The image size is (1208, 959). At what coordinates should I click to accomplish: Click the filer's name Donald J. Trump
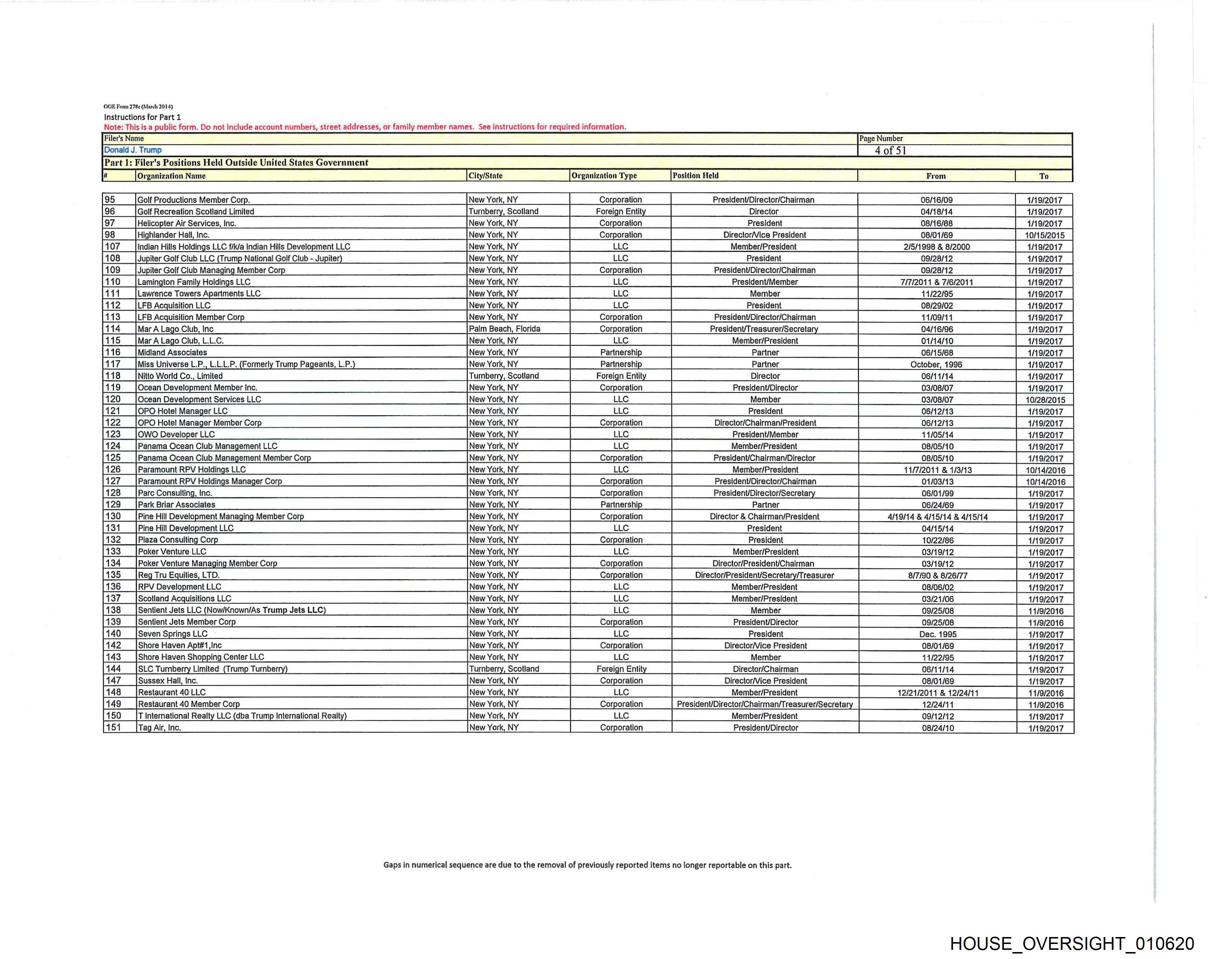[133, 150]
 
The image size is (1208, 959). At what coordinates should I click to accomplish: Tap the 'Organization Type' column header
[604, 175]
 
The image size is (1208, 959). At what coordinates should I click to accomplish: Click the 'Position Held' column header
[695, 175]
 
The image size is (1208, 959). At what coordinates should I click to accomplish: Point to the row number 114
[113, 329]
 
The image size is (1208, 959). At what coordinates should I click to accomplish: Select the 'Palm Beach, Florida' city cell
[504, 329]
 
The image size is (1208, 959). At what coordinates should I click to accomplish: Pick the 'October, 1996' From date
[936, 364]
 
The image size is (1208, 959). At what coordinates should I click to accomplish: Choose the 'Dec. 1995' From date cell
[938, 634]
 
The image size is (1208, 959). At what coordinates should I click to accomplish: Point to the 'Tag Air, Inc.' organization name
[159, 728]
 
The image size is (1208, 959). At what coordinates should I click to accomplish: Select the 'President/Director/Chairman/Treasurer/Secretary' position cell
[765, 704]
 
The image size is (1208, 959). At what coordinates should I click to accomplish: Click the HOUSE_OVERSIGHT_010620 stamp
[1072, 943]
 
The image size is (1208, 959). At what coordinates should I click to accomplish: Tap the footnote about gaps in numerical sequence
[587, 865]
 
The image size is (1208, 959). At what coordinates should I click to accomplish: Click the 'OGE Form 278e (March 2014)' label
[138, 107]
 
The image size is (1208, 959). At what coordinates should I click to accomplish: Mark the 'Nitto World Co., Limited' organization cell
[180, 376]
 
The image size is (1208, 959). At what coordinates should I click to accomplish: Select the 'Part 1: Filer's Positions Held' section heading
[236, 163]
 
